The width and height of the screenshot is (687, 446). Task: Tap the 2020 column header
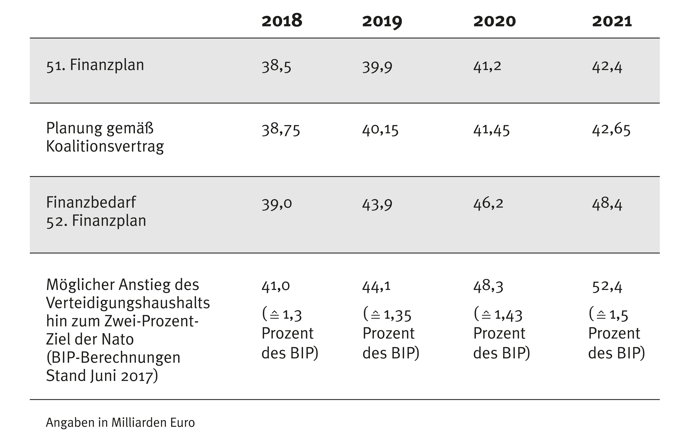click(494, 22)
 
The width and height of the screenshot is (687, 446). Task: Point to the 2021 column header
click(612, 22)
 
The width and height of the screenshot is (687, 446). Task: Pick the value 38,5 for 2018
click(276, 66)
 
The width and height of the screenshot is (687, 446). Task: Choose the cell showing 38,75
click(281, 130)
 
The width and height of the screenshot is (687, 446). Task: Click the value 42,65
click(611, 130)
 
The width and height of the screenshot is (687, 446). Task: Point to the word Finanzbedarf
click(91, 202)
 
